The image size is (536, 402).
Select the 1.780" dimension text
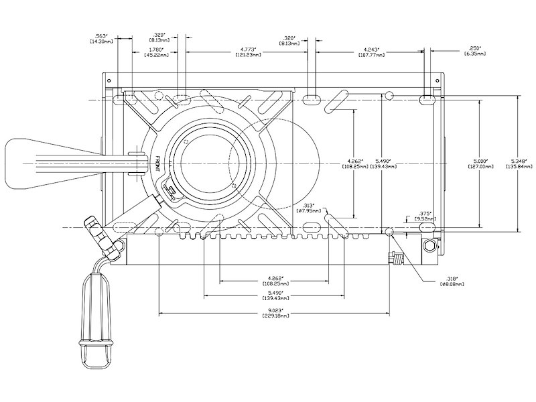click(x=155, y=48)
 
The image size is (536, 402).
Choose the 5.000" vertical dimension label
click(x=478, y=161)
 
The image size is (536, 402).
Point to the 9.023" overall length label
click(x=274, y=310)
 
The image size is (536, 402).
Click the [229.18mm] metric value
click(x=274, y=316)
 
